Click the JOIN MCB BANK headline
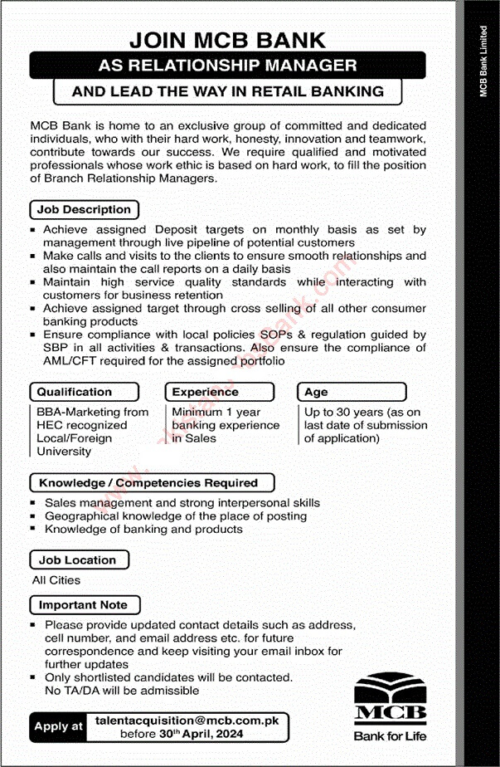click(x=227, y=39)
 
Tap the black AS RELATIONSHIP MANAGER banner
click(x=227, y=65)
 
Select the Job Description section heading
click(x=84, y=209)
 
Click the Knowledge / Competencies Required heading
click(x=150, y=482)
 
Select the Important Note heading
click(x=83, y=605)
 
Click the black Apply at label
click(x=59, y=726)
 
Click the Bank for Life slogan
click(x=391, y=735)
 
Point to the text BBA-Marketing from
click(x=92, y=412)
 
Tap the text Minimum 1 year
click(x=216, y=412)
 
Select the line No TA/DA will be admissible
click(x=122, y=690)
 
